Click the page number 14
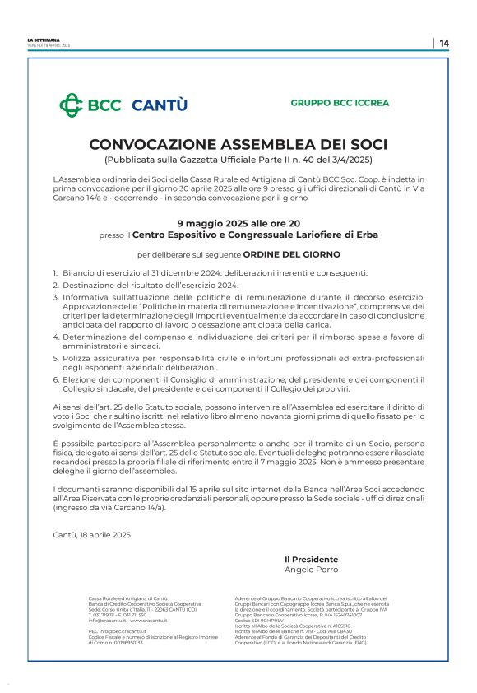point(444,43)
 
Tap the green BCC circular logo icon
point(71,105)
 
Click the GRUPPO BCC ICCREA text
point(340,103)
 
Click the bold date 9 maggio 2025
point(212,222)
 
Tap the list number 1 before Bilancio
point(55,272)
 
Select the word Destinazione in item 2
point(91,284)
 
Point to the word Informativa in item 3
point(90,296)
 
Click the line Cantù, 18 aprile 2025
point(90,535)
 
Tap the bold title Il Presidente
point(310,560)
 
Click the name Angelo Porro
point(310,570)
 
